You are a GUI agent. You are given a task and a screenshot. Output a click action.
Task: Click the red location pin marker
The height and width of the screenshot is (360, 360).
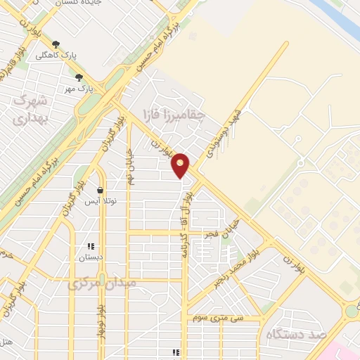(x=181, y=165)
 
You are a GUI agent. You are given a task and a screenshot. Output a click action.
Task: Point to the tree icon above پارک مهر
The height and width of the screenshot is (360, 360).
(x=79, y=77)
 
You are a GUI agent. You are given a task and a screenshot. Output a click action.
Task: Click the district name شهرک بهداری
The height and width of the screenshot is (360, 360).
(x=32, y=109)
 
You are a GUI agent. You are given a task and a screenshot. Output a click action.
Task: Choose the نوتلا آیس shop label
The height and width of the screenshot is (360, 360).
(x=101, y=201)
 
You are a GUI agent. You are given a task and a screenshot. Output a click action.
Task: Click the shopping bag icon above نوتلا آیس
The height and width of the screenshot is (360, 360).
(x=101, y=191)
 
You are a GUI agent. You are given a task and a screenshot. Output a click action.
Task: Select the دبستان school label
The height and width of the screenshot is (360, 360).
(x=91, y=257)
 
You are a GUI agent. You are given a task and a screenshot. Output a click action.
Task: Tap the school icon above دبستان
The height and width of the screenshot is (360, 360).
(x=91, y=246)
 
